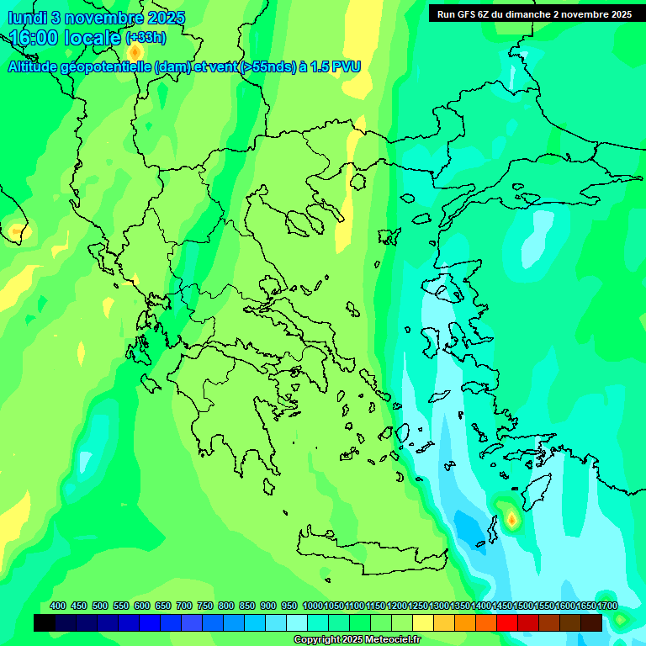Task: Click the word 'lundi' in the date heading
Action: click(28, 18)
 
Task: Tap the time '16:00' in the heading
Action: click(34, 39)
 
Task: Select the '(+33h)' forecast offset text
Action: click(146, 37)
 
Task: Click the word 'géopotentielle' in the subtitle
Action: click(106, 66)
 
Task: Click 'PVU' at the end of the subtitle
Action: click(346, 66)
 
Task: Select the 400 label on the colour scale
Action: click(58, 606)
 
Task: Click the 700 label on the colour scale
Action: click(184, 606)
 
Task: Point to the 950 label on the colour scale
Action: click(289, 606)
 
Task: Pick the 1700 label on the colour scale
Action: click(607, 606)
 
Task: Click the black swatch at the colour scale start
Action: click(45, 623)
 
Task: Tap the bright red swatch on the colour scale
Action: click(506, 623)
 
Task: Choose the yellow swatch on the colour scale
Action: click(423, 623)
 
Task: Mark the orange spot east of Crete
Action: click(511, 520)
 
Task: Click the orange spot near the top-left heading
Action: click(135, 52)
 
